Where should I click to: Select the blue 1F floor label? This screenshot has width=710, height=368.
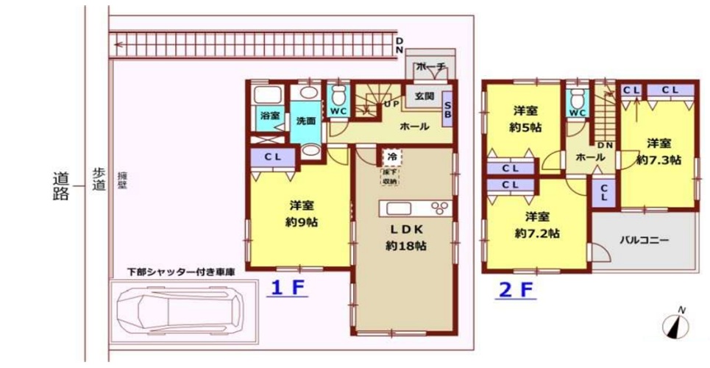point(286,289)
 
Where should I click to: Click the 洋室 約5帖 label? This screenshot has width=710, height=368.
point(526,118)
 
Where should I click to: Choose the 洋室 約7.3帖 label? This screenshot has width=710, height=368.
point(658,151)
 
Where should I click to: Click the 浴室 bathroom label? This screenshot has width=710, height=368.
point(269,116)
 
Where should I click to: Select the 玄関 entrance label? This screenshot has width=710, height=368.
point(424,96)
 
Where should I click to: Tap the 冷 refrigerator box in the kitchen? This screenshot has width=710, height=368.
point(391,156)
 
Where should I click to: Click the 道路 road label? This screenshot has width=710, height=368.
point(61,185)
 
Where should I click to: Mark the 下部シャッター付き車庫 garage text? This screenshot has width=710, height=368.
point(181,272)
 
